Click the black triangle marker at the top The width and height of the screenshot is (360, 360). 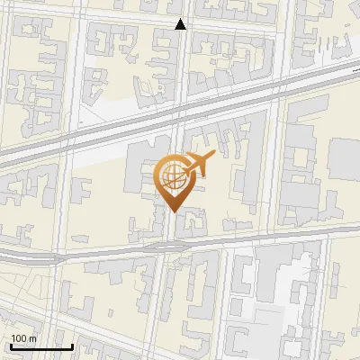(x=180, y=24)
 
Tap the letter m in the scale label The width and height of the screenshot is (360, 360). (x=32, y=337)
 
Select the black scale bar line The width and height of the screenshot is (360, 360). (x=41, y=346)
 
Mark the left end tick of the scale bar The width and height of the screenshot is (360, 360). (x=11, y=345)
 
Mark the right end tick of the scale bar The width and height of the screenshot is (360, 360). (x=72, y=345)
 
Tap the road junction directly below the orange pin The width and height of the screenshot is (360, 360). (x=168, y=243)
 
